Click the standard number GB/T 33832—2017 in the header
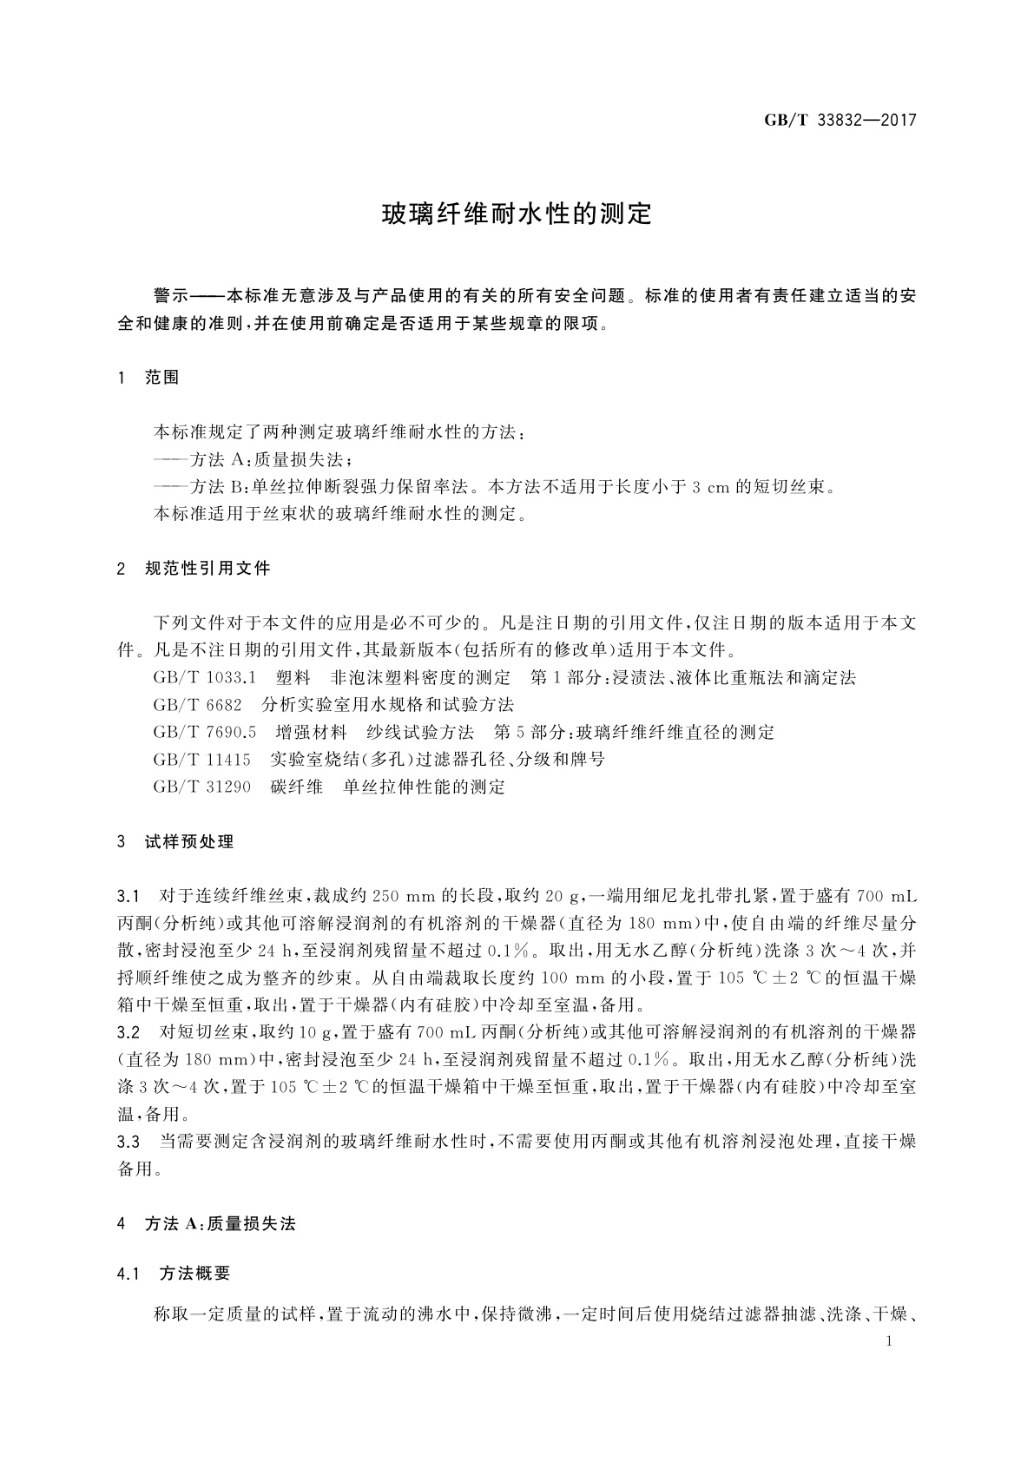(x=840, y=120)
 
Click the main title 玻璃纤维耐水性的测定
(x=517, y=214)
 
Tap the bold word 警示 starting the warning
(x=169, y=296)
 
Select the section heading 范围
(x=162, y=378)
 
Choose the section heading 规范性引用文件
(x=207, y=569)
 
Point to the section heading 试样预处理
(x=189, y=841)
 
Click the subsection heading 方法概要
(x=195, y=1274)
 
